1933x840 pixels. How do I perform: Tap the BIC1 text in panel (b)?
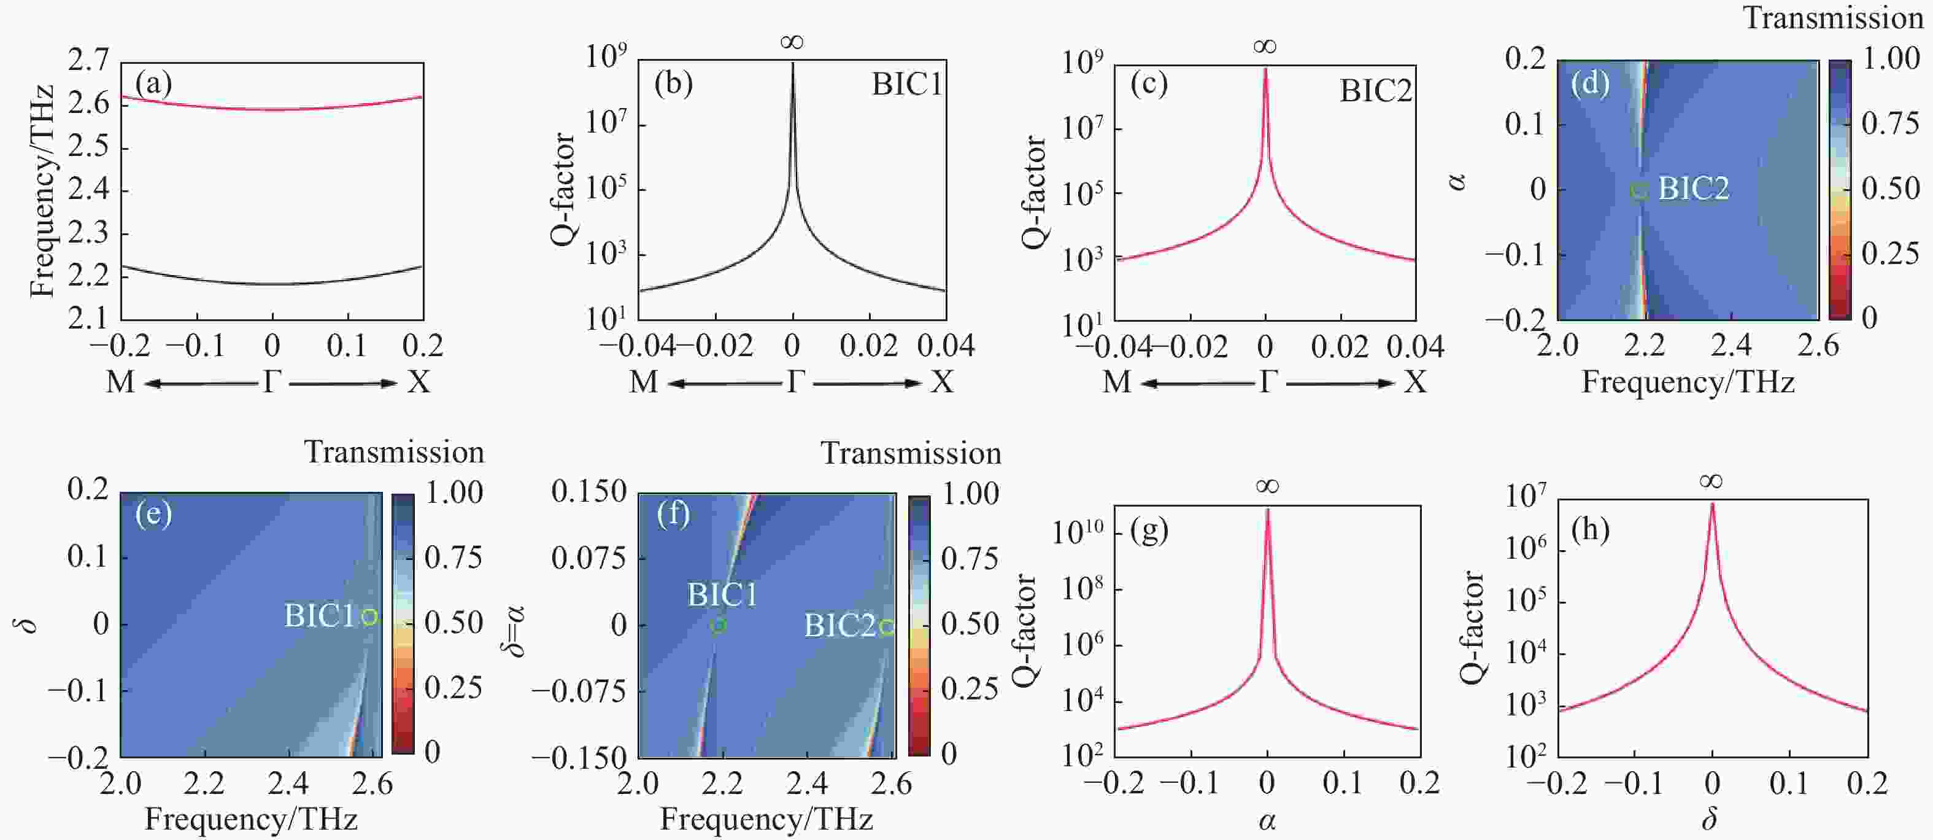click(x=906, y=84)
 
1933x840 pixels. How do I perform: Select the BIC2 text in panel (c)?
click(x=1375, y=91)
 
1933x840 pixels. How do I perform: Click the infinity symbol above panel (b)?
click(x=792, y=42)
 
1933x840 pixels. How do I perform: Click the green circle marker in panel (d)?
click(x=1639, y=190)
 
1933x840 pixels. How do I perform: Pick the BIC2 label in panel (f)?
click(x=839, y=625)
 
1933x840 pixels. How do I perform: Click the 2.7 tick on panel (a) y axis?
click(x=88, y=60)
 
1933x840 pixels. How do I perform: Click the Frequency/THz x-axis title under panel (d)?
click(x=1688, y=382)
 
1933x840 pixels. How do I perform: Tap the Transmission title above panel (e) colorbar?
click(x=394, y=452)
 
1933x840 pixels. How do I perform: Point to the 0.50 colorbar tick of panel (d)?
click(x=1890, y=189)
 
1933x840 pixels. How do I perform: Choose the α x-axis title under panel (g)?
click(x=1267, y=820)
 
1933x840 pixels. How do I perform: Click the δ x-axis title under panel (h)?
click(x=1710, y=819)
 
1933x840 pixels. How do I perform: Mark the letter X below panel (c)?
click(x=1415, y=383)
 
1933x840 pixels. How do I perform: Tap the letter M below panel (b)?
click(x=643, y=383)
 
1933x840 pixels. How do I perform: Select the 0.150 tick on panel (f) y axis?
click(x=588, y=492)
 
